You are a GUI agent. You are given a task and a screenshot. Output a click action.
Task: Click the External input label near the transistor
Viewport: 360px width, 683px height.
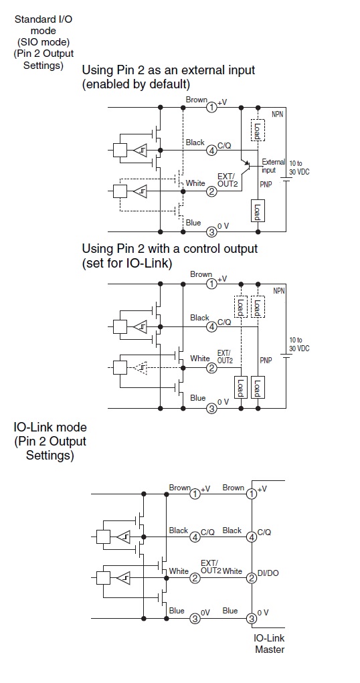pos(273,166)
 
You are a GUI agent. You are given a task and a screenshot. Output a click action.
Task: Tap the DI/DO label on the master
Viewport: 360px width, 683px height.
pos(268,573)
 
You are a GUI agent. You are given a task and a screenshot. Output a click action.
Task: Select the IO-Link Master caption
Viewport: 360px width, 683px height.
pos(270,644)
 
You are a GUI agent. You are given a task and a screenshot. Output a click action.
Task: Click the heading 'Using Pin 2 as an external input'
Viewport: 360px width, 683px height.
pos(169,70)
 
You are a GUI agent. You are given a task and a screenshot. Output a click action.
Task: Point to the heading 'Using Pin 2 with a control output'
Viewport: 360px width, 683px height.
pos(170,249)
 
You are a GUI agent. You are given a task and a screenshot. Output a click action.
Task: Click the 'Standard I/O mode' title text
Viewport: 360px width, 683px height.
pos(43,25)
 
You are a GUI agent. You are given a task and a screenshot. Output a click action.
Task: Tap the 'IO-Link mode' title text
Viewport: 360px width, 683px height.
pos(50,427)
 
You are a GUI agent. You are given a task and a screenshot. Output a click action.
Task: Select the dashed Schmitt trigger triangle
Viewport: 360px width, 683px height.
pos(141,368)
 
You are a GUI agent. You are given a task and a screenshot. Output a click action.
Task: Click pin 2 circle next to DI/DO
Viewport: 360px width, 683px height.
pos(252,578)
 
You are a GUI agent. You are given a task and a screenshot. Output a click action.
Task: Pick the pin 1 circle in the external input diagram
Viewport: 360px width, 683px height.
pos(211,107)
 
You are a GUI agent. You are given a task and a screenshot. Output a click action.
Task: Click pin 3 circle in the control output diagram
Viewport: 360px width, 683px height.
pos(211,409)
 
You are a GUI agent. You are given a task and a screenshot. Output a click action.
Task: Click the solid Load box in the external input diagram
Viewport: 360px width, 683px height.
pos(258,211)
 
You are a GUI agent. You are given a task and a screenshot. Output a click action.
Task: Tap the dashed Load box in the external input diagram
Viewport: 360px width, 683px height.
pos(258,130)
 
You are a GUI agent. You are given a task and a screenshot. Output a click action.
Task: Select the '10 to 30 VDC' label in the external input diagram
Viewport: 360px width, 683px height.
pos(299,167)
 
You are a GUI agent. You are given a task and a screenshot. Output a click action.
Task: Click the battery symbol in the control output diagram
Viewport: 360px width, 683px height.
pos(286,356)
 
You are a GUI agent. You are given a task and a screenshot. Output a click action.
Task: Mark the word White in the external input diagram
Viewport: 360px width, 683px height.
pos(195,183)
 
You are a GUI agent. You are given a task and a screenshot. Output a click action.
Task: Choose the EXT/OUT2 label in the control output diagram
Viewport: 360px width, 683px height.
pos(225,357)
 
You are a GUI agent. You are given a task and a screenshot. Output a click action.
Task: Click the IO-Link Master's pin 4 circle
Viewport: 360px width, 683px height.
pos(252,537)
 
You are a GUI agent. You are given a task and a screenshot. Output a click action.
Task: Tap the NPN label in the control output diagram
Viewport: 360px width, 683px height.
pos(279,290)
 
